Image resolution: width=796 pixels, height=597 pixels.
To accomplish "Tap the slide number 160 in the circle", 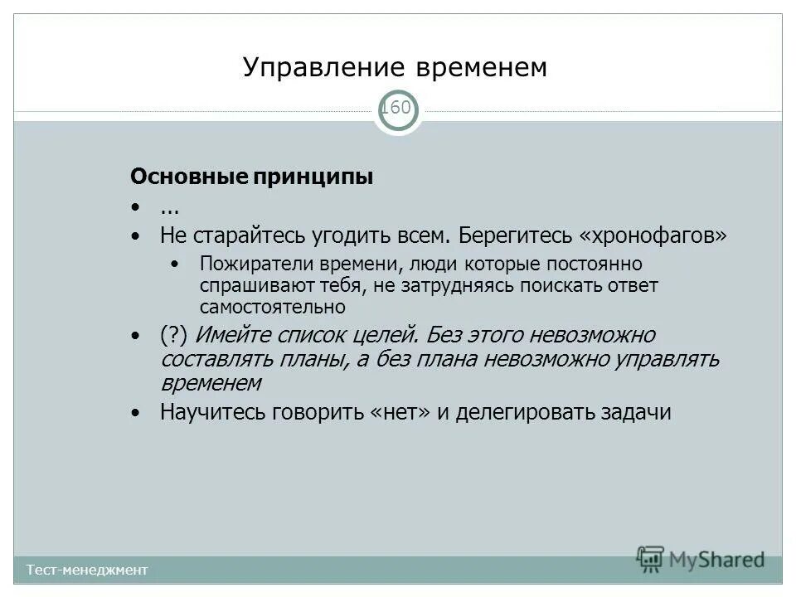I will point(398,108).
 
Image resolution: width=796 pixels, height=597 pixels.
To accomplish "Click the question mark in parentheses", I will point(176,336).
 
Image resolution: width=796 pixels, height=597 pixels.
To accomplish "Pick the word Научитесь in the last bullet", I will point(211,412).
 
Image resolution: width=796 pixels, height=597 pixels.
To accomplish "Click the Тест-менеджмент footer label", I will point(86,570).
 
